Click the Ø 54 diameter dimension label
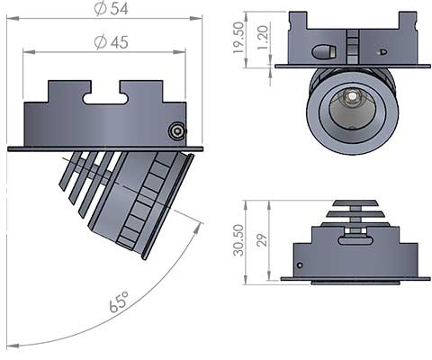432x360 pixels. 105,10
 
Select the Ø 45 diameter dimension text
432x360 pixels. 105,41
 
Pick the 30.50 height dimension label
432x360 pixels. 238,240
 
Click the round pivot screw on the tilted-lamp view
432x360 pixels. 175,131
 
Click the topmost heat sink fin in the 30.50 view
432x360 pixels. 356,203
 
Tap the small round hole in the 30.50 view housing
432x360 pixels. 300,265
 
